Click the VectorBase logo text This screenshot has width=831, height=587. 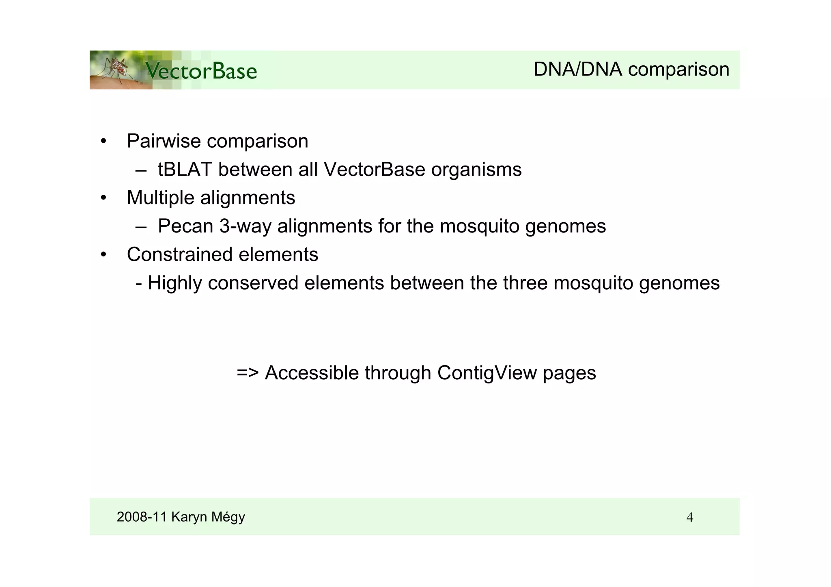[201, 71]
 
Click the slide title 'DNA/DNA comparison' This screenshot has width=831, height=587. [631, 69]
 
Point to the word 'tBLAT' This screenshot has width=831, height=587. [185, 170]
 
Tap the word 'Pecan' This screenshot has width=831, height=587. [185, 226]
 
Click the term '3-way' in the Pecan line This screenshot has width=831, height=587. [245, 226]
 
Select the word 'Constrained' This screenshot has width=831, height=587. [179, 255]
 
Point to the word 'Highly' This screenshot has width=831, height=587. [174, 283]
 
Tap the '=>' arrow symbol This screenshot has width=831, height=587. [248, 373]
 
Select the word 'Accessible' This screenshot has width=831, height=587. [312, 373]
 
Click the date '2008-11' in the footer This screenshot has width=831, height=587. [142, 517]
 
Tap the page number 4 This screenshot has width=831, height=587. [689, 518]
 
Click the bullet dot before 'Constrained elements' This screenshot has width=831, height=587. [104, 255]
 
